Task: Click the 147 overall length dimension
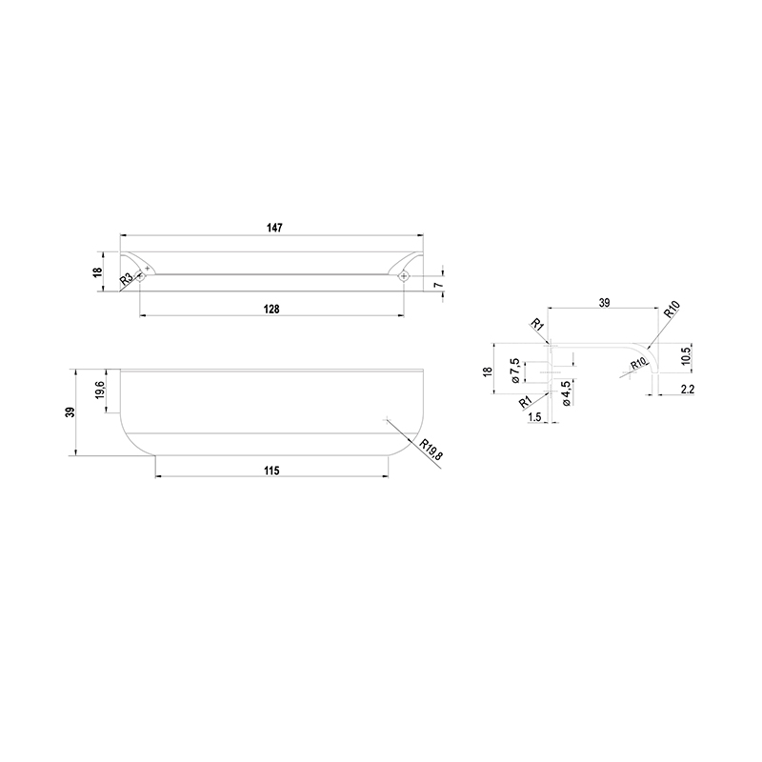pos(274,228)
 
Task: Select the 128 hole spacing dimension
pos(271,309)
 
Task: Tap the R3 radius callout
pos(126,278)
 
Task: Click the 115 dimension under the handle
pos(271,471)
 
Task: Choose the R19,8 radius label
pos(431,450)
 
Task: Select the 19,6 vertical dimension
pos(99,391)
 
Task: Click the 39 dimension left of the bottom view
pos(70,412)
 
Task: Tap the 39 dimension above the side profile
pos(604,303)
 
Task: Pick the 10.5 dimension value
pos(685,356)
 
